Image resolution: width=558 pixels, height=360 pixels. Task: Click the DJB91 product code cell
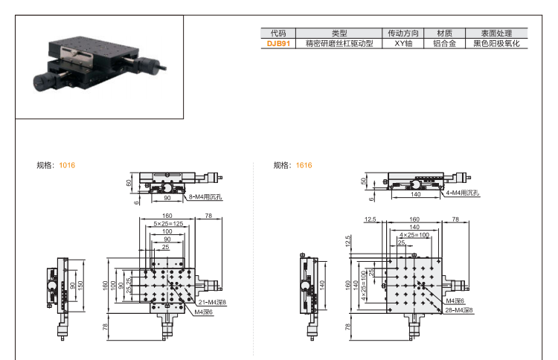click(278, 44)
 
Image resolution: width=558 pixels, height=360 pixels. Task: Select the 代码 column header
click(278, 33)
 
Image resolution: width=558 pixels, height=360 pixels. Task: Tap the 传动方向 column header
click(403, 33)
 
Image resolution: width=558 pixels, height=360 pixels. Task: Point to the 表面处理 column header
click(496, 33)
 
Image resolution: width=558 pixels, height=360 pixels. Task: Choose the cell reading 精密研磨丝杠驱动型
click(339, 44)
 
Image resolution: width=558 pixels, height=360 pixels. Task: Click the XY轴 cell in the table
click(403, 44)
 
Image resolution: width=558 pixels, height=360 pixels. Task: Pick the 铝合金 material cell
click(445, 44)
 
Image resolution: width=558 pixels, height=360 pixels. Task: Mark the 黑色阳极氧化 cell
click(496, 44)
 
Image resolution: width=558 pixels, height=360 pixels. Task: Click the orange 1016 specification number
click(67, 164)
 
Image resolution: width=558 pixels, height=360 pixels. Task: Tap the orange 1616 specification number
click(304, 164)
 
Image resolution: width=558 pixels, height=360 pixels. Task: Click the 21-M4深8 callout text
click(212, 302)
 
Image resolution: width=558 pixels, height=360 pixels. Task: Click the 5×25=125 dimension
click(167, 224)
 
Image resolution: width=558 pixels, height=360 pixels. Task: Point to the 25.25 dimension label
click(129, 286)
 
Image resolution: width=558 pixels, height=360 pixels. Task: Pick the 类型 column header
click(339, 33)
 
